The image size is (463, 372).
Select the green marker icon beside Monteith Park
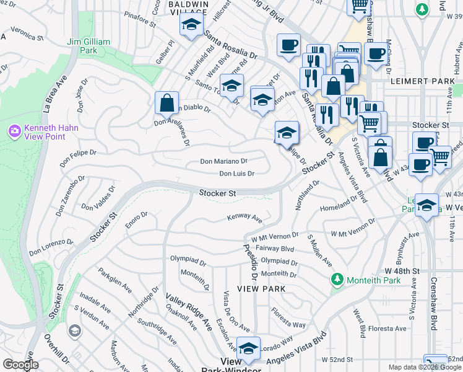coord(337,280)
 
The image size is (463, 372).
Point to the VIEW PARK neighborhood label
coord(265,289)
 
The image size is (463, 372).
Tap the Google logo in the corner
coord(20,365)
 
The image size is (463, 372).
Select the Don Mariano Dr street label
coord(224,161)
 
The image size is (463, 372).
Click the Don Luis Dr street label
coord(236,174)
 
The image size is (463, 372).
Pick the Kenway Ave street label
coord(245,217)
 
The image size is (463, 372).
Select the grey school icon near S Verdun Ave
coord(74,331)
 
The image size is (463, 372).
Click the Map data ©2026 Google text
coord(424,367)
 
